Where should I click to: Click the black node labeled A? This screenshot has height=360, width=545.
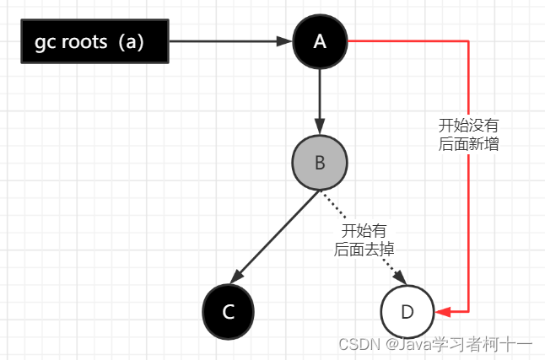click(x=319, y=41)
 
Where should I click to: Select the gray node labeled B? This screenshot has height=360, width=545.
click(x=319, y=162)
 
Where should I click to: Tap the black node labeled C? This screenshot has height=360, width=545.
click(x=228, y=311)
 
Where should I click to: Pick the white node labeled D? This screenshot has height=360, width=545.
click(x=407, y=311)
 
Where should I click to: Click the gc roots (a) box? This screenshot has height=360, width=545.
click(x=94, y=41)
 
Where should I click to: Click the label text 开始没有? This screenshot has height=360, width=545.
click(x=468, y=125)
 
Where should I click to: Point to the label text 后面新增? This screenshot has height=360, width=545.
click(x=468, y=143)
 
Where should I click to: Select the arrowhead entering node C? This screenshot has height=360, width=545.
click(x=239, y=277)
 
